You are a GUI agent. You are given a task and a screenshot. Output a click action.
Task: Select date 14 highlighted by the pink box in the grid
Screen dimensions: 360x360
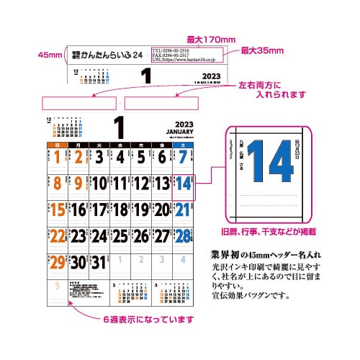[183, 185]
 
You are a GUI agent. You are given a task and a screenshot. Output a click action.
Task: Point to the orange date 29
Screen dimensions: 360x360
[56, 263]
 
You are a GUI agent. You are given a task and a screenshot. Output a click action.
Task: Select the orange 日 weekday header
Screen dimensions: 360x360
[56, 145]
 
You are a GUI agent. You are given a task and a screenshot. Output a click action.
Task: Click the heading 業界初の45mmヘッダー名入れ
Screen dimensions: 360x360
[266, 255]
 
